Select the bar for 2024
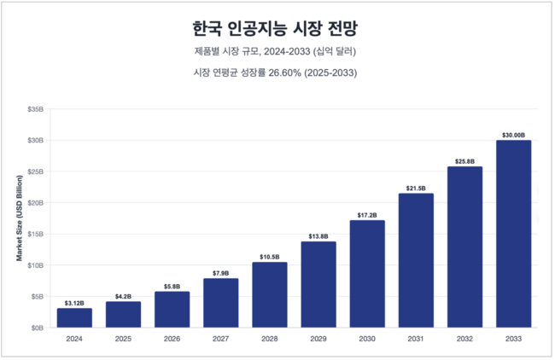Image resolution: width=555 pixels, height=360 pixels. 74,317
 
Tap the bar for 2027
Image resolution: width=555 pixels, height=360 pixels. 220,303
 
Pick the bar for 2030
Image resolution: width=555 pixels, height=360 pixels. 367,274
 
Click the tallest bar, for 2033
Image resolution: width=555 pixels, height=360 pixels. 513,234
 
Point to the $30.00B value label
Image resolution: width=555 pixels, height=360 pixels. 513,133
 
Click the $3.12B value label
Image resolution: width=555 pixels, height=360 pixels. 74,301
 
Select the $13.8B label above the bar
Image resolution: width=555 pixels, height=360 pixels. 318,235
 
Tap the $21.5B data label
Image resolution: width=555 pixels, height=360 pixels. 416,187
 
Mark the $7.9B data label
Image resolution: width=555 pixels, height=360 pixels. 220,272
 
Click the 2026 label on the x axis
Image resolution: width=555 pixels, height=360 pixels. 172,339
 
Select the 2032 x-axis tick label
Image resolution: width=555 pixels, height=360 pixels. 464,339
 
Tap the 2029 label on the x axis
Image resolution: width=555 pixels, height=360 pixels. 318,339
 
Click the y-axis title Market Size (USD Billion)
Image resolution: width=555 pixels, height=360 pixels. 19,218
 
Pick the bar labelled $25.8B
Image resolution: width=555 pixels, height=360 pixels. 464,247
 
